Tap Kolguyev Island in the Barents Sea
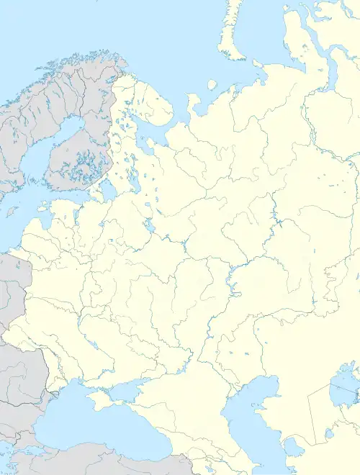(212, 84)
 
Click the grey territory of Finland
(83, 144)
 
